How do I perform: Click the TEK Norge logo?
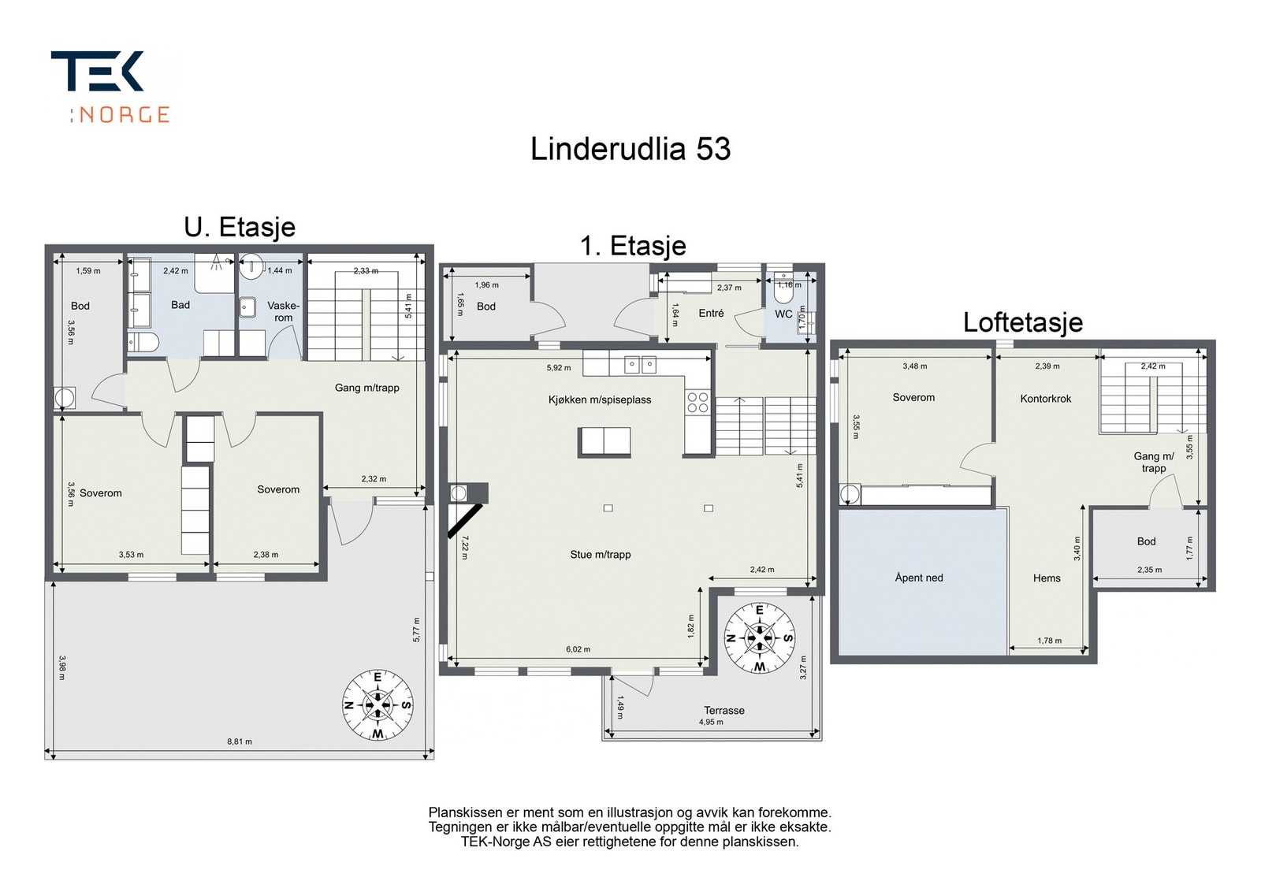110,87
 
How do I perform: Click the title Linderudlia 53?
630,149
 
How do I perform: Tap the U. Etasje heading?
240,227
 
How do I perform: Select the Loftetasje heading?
1022,322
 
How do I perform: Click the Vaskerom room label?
283,311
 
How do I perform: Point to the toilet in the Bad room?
143,341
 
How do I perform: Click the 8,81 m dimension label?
240,741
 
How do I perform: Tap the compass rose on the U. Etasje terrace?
378,704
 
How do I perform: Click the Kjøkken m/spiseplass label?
600,400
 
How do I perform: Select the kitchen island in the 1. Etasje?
604,441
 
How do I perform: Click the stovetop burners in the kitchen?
697,403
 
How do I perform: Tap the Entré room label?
711,313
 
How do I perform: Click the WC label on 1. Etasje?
783,314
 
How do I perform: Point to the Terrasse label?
723,710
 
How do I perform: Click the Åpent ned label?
919,578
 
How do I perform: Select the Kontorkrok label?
1046,399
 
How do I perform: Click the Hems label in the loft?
1047,578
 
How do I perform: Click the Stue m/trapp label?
601,555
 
